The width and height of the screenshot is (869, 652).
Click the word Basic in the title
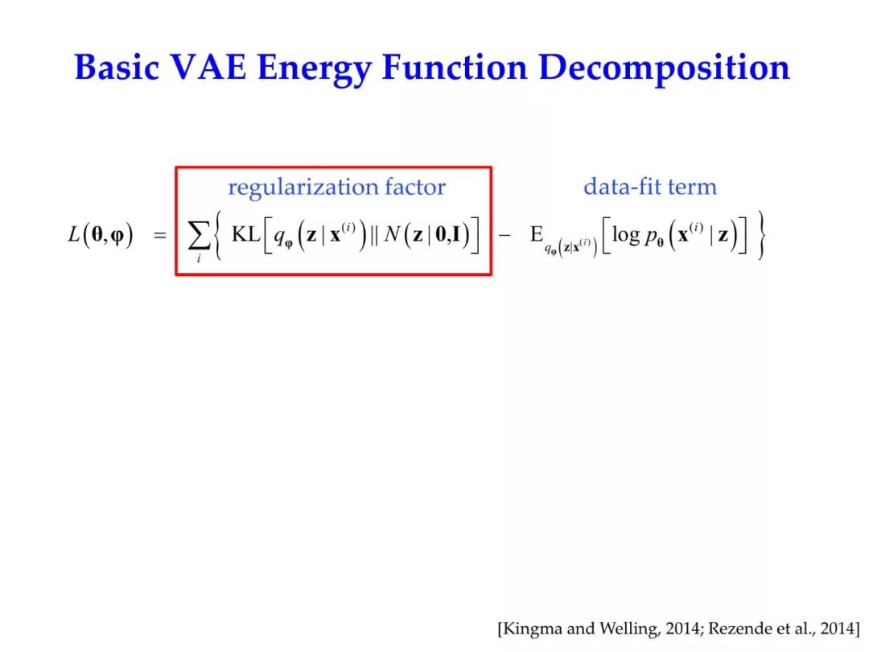pyautogui.click(x=117, y=68)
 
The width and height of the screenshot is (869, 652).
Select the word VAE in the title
pyautogui.click(x=208, y=68)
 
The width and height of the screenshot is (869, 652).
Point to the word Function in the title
pyautogui.click(x=455, y=68)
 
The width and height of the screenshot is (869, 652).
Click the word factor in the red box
pyautogui.click(x=415, y=187)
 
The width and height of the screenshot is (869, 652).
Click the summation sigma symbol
pyautogui.click(x=199, y=236)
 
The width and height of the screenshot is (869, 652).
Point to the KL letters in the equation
pyautogui.click(x=245, y=234)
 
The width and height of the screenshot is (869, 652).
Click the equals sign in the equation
pyautogui.click(x=160, y=236)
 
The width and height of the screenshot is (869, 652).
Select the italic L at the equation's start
pyautogui.click(x=74, y=234)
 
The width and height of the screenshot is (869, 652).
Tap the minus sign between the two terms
pyautogui.click(x=505, y=236)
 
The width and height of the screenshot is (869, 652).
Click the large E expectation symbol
pyautogui.click(x=537, y=234)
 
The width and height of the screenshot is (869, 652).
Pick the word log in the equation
pyautogui.click(x=626, y=236)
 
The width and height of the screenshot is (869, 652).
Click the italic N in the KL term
pyautogui.click(x=392, y=234)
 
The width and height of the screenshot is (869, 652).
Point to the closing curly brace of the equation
pyautogui.click(x=761, y=235)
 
